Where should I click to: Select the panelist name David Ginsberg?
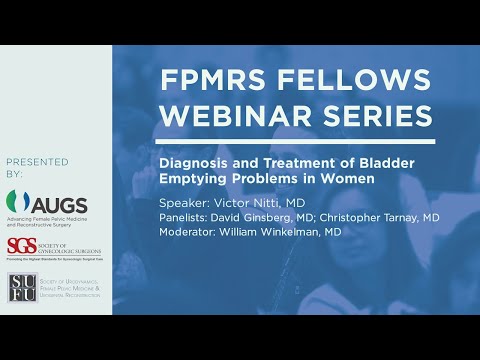(x=272, y=217)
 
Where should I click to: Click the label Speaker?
(x=186, y=201)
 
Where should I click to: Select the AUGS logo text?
(x=63, y=207)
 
